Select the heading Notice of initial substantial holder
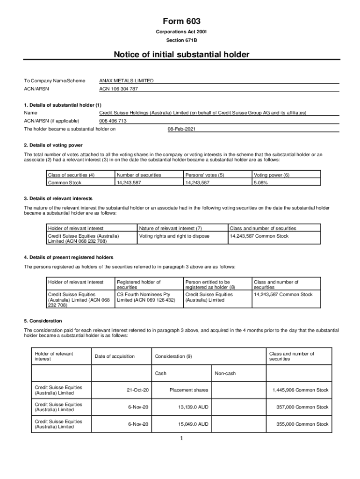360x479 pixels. coord(181,55)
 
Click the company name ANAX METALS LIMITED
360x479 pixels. coord(126,81)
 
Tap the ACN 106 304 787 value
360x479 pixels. coord(118,89)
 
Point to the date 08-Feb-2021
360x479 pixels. coord(181,129)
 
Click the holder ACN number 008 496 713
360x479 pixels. coord(113,121)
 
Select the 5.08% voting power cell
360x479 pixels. coord(260,183)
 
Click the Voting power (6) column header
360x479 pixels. coord(271,175)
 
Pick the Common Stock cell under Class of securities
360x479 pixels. coord(65,183)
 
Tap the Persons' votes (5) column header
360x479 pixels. coord(204,175)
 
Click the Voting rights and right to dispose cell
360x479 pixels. coord(174,236)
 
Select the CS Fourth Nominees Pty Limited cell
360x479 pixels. coord(145,297)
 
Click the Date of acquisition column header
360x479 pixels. coord(115,356)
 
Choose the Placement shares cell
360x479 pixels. coord(189,390)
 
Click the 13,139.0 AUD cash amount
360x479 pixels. coord(193,407)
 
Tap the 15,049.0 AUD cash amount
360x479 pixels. coord(193,424)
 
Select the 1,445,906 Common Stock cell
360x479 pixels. coord(300,390)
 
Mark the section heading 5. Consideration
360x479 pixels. coord(43,321)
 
